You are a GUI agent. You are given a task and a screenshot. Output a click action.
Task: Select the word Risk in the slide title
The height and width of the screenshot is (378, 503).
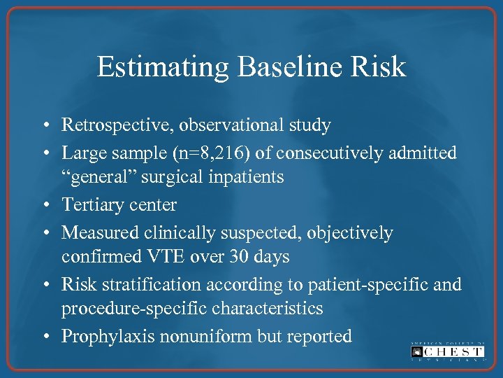(381, 67)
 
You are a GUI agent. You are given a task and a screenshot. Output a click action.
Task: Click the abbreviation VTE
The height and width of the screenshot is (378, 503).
(164, 257)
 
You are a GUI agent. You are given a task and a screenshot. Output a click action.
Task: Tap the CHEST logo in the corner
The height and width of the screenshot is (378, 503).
(446, 351)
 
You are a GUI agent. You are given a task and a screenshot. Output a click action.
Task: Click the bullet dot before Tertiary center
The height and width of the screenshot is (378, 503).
(44, 206)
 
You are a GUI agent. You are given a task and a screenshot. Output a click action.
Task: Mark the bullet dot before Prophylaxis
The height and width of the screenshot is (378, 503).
(44, 337)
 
